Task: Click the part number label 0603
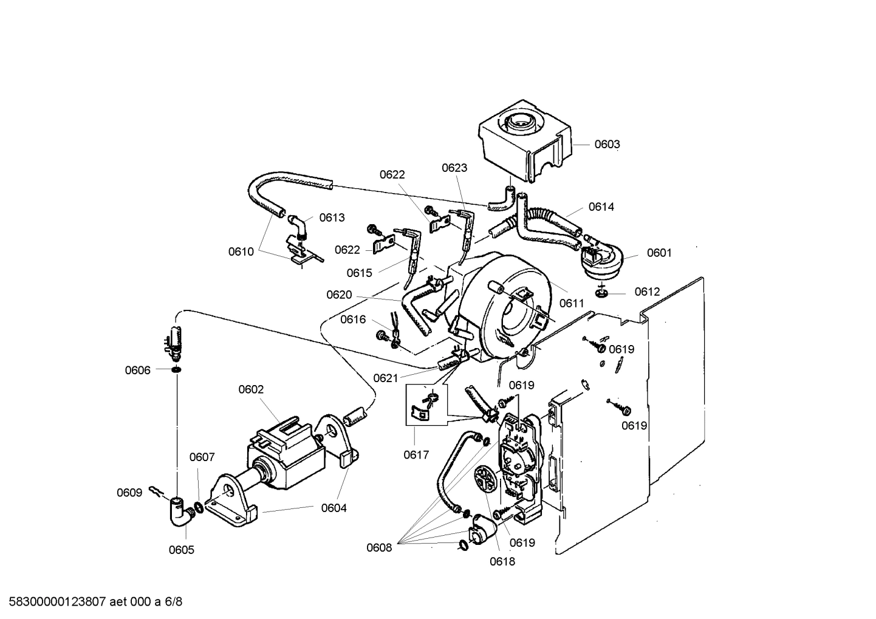pos(607,144)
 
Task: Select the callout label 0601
pos(659,253)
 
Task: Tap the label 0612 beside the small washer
pos(647,292)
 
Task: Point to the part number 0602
pos(251,389)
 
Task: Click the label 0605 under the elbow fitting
pos(181,550)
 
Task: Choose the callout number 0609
pos(129,493)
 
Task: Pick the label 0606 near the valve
pos(138,371)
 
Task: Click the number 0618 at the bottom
pos(502,562)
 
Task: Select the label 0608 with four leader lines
pos(379,548)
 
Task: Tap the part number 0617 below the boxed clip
pos(417,454)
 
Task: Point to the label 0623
pos(454,168)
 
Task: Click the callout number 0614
pos(601,207)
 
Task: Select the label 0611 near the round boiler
pos(572,303)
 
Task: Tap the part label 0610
pos(241,251)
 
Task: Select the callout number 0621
pos(386,378)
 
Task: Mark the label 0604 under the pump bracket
pos(334,508)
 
